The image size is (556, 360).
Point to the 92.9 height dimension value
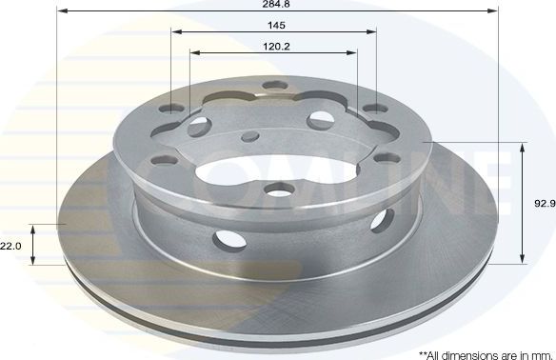click(x=545, y=203)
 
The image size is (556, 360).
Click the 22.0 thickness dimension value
click(x=10, y=246)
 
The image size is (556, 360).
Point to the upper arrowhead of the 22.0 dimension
click(x=32, y=230)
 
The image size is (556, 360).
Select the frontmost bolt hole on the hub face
click(x=278, y=189)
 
